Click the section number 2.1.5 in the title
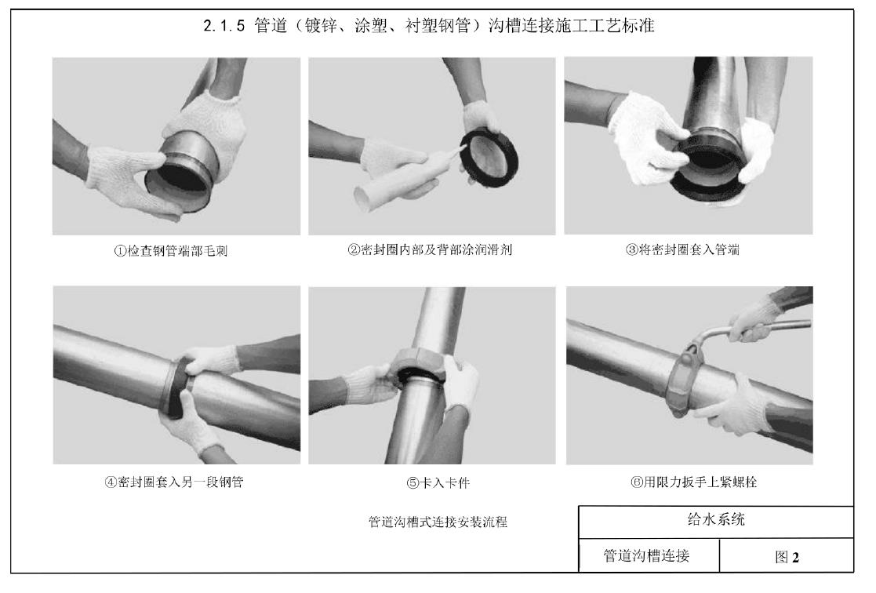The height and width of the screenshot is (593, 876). click(224, 26)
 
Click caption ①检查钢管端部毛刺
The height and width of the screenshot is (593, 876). click(171, 250)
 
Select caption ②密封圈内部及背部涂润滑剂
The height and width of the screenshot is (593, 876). click(430, 249)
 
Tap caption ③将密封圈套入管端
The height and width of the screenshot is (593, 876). click(682, 249)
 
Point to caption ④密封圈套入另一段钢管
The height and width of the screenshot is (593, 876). click(174, 482)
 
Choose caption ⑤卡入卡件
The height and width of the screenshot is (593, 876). click(438, 482)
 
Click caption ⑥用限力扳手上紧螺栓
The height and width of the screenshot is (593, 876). click(693, 482)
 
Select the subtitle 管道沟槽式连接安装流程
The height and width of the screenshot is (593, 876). click(438, 522)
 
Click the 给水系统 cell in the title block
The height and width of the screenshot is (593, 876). click(716, 519)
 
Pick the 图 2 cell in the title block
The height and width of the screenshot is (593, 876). click(787, 556)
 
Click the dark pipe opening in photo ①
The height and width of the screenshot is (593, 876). click(176, 182)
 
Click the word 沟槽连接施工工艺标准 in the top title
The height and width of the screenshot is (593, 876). click(571, 26)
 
